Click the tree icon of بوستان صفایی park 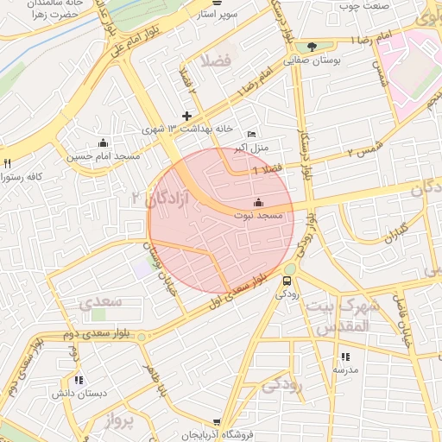(x=312, y=47)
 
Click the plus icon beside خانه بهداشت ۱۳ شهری (x=186, y=116)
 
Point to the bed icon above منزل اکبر (x=251, y=134)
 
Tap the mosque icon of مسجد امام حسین (x=104, y=143)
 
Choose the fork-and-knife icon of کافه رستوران (x=8, y=163)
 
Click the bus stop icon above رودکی (x=287, y=280)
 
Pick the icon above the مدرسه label (x=345, y=356)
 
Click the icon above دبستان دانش (x=79, y=380)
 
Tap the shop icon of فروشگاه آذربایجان (x=217, y=423)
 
